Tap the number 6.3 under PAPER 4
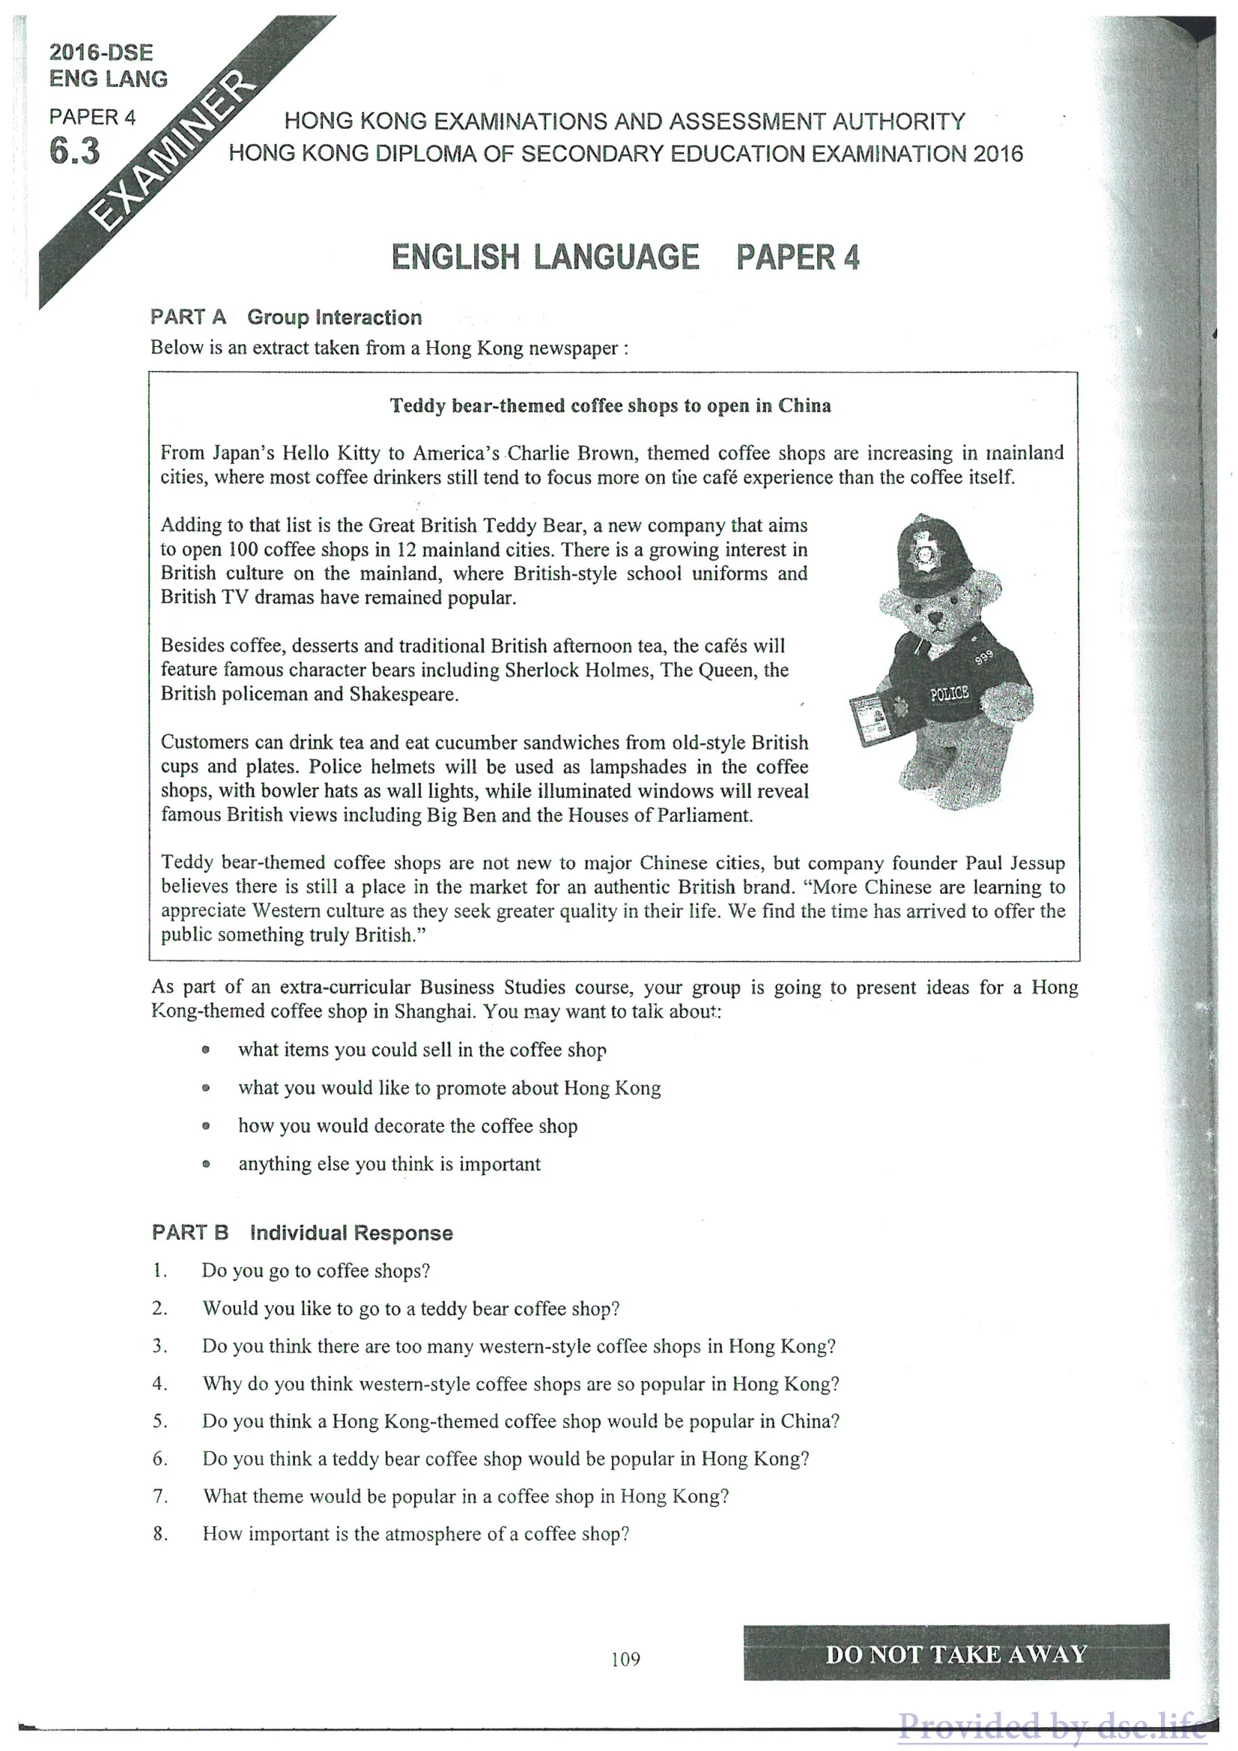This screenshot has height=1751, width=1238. pyautogui.click(x=75, y=151)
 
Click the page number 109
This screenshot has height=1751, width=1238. pyautogui.click(x=625, y=1659)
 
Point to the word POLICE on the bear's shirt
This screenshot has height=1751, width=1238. pyautogui.click(x=949, y=693)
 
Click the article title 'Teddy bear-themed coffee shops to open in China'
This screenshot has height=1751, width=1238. pyautogui.click(x=610, y=406)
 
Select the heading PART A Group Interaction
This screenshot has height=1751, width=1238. pyautogui.click(x=286, y=317)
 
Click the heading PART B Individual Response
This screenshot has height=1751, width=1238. pyautogui.click(x=302, y=1233)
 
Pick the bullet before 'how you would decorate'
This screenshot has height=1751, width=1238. pyautogui.click(x=206, y=1125)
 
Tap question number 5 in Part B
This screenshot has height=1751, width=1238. pyautogui.click(x=160, y=1421)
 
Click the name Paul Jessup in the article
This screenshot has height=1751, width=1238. pyautogui.click(x=1015, y=862)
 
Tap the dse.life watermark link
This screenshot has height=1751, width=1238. pyautogui.click(x=1052, y=1725)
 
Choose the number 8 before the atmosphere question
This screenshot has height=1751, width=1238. pyautogui.click(x=160, y=1534)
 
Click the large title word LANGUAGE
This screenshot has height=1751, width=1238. pyautogui.click(x=616, y=257)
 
